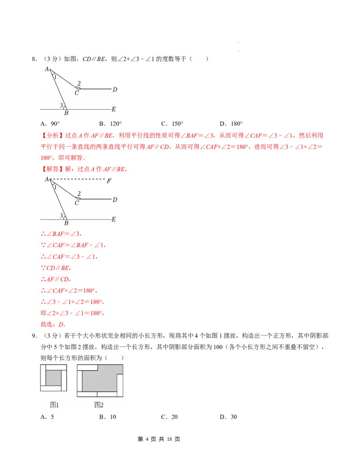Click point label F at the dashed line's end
click(108, 181)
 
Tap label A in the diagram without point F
click(46, 69)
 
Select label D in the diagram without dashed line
click(115, 90)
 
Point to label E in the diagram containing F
click(113, 219)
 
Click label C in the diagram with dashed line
click(76, 203)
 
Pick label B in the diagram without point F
click(66, 113)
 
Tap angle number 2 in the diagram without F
click(79, 83)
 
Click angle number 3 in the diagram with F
click(61, 216)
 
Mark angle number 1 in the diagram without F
click(55, 77)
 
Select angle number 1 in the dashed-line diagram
click(55, 187)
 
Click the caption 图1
click(54, 405)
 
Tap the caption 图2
click(99, 405)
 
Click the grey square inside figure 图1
click(54, 378)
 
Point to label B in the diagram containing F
click(66, 223)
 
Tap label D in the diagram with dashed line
click(115, 199)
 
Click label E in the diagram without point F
click(113, 109)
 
